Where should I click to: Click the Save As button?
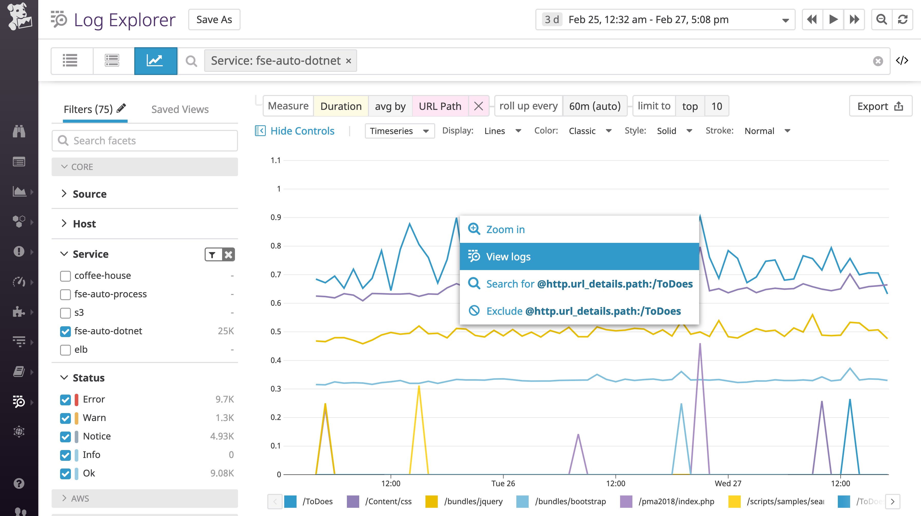[x=214, y=20]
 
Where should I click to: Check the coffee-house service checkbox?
[x=65, y=276]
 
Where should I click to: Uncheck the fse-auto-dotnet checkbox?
[x=65, y=331]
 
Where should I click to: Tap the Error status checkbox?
[x=65, y=399]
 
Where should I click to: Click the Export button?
[x=880, y=106]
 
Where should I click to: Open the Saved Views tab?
[x=180, y=109]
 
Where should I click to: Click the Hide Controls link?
[x=302, y=131]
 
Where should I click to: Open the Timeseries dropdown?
[x=399, y=131]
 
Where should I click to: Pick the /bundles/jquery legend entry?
[x=473, y=501]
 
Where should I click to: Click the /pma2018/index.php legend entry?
[x=676, y=501]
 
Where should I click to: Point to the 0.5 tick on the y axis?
[x=276, y=331]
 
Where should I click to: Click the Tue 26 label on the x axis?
[x=503, y=483]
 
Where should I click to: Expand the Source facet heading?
[x=89, y=194]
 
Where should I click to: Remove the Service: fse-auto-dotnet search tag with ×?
[x=349, y=61]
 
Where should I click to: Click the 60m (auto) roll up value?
[x=595, y=106]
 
